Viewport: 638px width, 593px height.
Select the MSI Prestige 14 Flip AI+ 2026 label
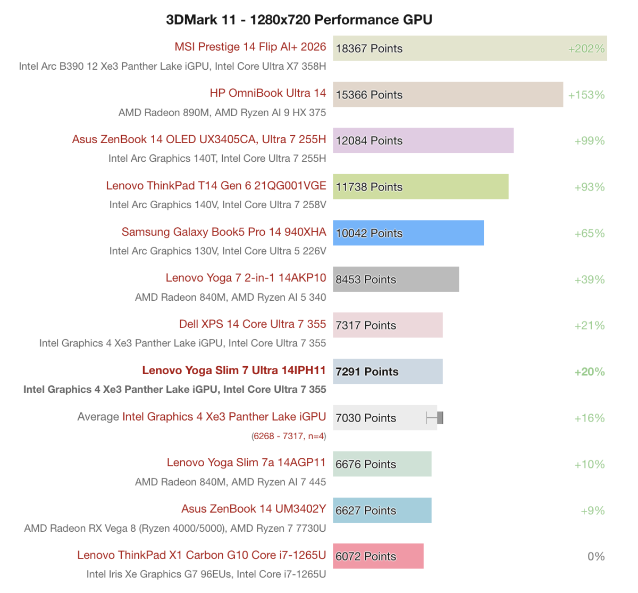pos(250,47)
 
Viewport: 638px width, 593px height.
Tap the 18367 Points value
pos(369,48)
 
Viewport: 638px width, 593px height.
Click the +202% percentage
pos(586,48)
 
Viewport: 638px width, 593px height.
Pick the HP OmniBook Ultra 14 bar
pos(448,95)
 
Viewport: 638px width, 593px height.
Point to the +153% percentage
pos(586,95)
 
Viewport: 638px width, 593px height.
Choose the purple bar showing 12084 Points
pos(423,141)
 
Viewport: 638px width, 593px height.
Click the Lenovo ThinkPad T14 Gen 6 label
pos(216,186)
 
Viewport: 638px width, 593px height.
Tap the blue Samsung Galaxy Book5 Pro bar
pos(408,233)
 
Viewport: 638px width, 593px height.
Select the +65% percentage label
pos(590,233)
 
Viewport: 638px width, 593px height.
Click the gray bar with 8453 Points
pos(396,279)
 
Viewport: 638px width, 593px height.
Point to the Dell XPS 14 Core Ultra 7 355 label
pos(253,324)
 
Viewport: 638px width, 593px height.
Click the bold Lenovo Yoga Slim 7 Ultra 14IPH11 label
pos(234,370)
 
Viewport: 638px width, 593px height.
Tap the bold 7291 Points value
pos(367,372)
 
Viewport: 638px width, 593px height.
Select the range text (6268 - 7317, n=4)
pos(289,436)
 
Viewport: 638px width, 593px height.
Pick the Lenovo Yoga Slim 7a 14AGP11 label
pos(246,463)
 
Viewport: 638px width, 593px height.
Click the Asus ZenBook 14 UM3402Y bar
pos(382,510)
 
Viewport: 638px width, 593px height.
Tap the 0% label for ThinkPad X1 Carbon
pos(596,556)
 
